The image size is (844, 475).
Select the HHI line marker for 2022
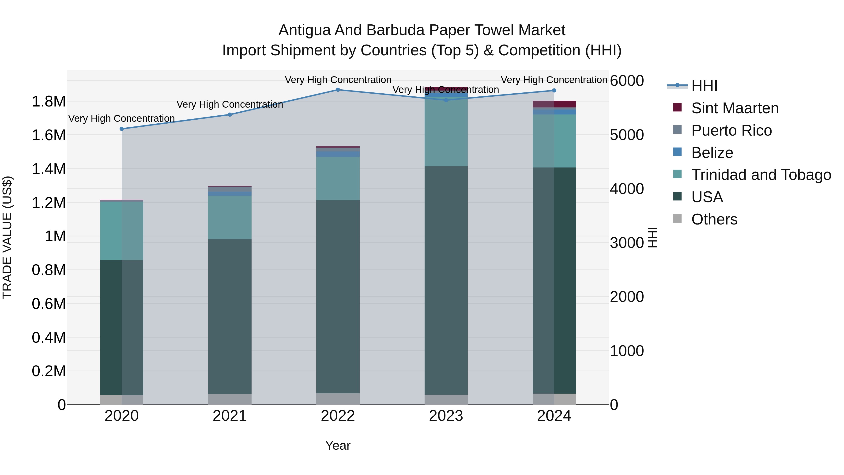[338, 90]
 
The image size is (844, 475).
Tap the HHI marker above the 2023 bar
[446, 100]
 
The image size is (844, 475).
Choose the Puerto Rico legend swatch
[677, 129]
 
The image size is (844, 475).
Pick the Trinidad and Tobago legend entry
[761, 175]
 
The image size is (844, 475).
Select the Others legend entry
[714, 219]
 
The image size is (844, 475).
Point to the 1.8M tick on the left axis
[49, 102]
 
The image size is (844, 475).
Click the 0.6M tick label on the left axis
[49, 304]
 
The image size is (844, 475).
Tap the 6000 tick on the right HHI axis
[627, 81]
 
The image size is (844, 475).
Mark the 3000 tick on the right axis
[627, 243]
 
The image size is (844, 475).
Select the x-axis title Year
[338, 445]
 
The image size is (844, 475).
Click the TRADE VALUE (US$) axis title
[7, 237]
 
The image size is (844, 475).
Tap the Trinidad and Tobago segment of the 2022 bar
[338, 178]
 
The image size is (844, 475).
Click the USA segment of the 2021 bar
[230, 316]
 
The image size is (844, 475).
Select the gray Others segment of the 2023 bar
[446, 400]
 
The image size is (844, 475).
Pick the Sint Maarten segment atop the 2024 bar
[554, 104]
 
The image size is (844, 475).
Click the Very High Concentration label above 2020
[121, 118]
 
